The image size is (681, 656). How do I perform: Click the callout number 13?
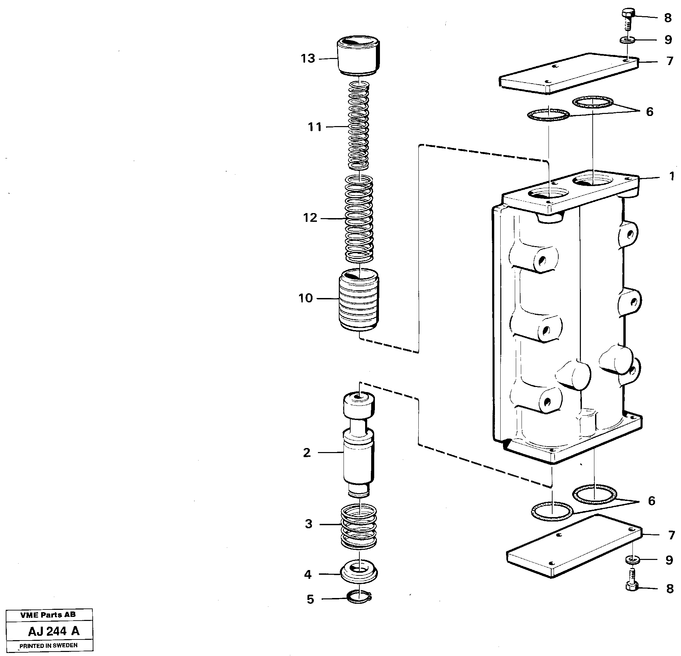(308, 58)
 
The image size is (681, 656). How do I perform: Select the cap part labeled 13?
(358, 57)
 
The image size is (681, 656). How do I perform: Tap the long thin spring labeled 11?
(358, 126)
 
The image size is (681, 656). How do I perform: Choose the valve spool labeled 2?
(359, 448)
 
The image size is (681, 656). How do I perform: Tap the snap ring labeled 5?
(359, 598)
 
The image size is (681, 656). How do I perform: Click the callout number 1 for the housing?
(672, 177)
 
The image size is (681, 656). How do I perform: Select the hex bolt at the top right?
(628, 19)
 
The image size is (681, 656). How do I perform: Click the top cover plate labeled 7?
(568, 74)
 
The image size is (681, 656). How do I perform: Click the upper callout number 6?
(650, 112)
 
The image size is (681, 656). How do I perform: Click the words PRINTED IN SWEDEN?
(49, 645)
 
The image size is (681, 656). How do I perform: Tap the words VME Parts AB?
(48, 615)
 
